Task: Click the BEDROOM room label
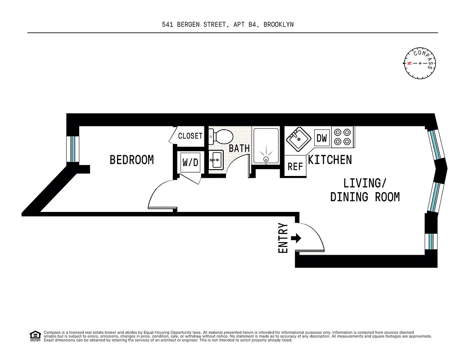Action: click(131, 160)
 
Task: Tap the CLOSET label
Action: click(190, 136)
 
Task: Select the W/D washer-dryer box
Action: click(190, 162)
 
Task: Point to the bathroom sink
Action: click(216, 160)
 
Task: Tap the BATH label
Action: click(239, 148)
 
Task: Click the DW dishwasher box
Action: click(321, 138)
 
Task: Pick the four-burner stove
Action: click(343, 137)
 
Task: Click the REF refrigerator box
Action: click(295, 166)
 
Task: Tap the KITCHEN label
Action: click(330, 160)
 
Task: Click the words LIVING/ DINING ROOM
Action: click(365, 190)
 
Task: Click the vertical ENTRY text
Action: click(283, 238)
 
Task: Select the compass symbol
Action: click(420, 63)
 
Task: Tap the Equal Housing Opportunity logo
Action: click(35, 336)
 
